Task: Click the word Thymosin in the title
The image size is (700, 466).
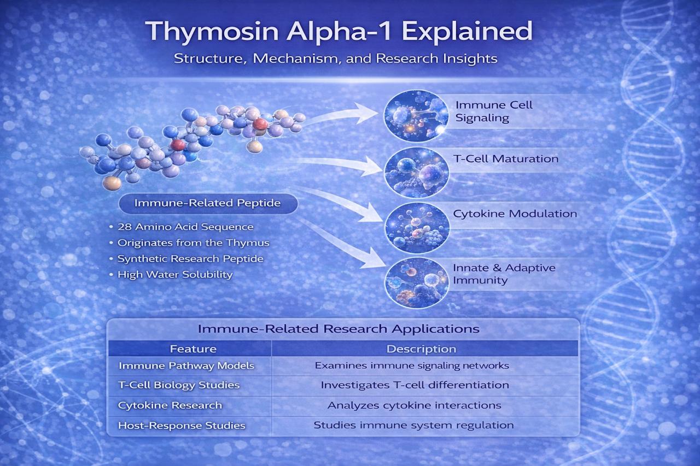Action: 212,32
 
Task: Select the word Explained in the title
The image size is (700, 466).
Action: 467,32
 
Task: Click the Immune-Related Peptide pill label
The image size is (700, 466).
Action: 208,203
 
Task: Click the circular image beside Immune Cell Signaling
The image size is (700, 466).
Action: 416,116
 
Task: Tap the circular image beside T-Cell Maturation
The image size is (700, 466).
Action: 417,172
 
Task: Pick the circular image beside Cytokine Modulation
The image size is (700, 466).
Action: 417,227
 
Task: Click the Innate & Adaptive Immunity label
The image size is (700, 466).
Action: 504,274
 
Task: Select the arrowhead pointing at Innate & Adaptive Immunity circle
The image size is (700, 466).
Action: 374,258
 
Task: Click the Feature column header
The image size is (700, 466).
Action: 193,349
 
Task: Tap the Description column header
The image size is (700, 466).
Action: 421,349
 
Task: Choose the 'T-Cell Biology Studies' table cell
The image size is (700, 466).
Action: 179,385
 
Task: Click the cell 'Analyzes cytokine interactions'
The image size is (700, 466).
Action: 415,405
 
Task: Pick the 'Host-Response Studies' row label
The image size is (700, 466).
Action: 182,426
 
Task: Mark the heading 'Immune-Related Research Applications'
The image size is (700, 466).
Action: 339,329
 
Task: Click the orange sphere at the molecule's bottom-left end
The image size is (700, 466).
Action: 112,183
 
